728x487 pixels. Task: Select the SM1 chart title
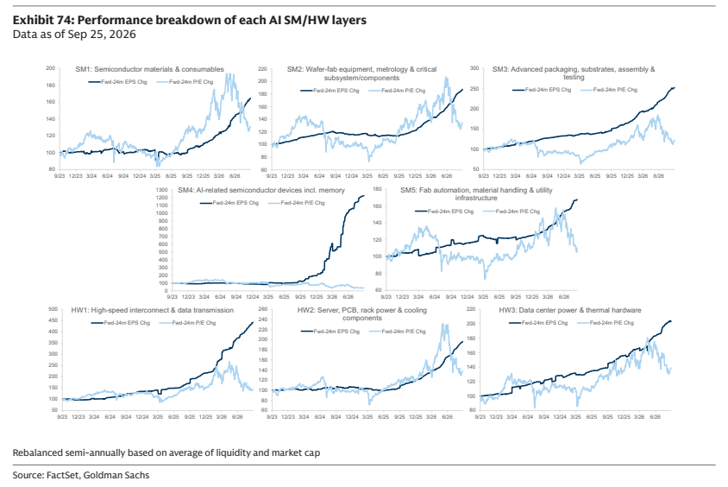(149, 69)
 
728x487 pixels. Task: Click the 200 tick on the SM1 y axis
(51, 68)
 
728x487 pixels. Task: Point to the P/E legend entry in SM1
(185, 82)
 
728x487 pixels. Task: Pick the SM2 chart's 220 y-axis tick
(262, 69)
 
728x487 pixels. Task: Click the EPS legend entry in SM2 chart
(329, 91)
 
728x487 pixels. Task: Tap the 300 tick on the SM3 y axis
(474, 68)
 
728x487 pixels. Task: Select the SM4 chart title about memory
(261, 190)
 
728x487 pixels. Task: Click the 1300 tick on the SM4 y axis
(161, 190)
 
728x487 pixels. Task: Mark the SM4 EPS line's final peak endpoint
(363, 196)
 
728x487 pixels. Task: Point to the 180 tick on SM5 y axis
(377, 190)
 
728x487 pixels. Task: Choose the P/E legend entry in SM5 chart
(511, 212)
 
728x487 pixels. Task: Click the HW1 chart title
(153, 310)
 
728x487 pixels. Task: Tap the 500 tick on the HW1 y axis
(53, 309)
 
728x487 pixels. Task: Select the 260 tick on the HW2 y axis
(262, 309)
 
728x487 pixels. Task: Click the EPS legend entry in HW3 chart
(538, 322)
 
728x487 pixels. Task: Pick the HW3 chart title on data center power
(570, 310)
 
